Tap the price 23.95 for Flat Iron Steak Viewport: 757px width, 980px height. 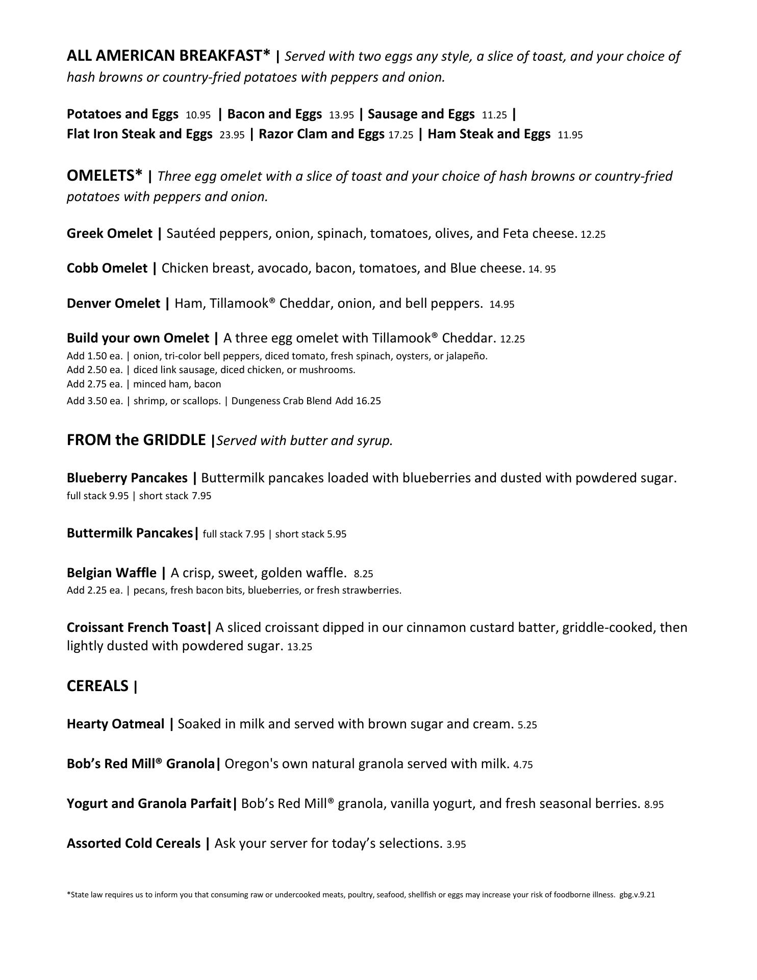pos(232,135)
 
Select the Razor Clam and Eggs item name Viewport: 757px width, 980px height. pos(321,134)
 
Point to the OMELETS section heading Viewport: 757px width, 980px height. pos(105,176)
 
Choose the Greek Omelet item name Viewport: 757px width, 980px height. pos(110,234)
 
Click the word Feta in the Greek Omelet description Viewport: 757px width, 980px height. pos(516,234)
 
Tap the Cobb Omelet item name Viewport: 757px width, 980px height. pos(107,268)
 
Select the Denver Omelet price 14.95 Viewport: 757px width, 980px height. pos(502,305)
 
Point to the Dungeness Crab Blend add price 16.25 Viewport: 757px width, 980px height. pos(368,401)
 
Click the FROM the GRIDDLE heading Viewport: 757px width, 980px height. pos(136,440)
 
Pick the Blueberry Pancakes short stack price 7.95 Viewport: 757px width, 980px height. pos(201,496)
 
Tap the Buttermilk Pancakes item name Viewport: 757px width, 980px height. pos(130,533)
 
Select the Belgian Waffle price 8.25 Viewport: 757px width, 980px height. pos(363,574)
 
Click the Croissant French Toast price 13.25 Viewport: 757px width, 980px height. pos(299,647)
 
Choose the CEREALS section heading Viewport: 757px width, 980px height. pos(97,687)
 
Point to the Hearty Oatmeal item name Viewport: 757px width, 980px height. pos(116,724)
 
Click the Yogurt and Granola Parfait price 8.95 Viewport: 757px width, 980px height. pos(654,805)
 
